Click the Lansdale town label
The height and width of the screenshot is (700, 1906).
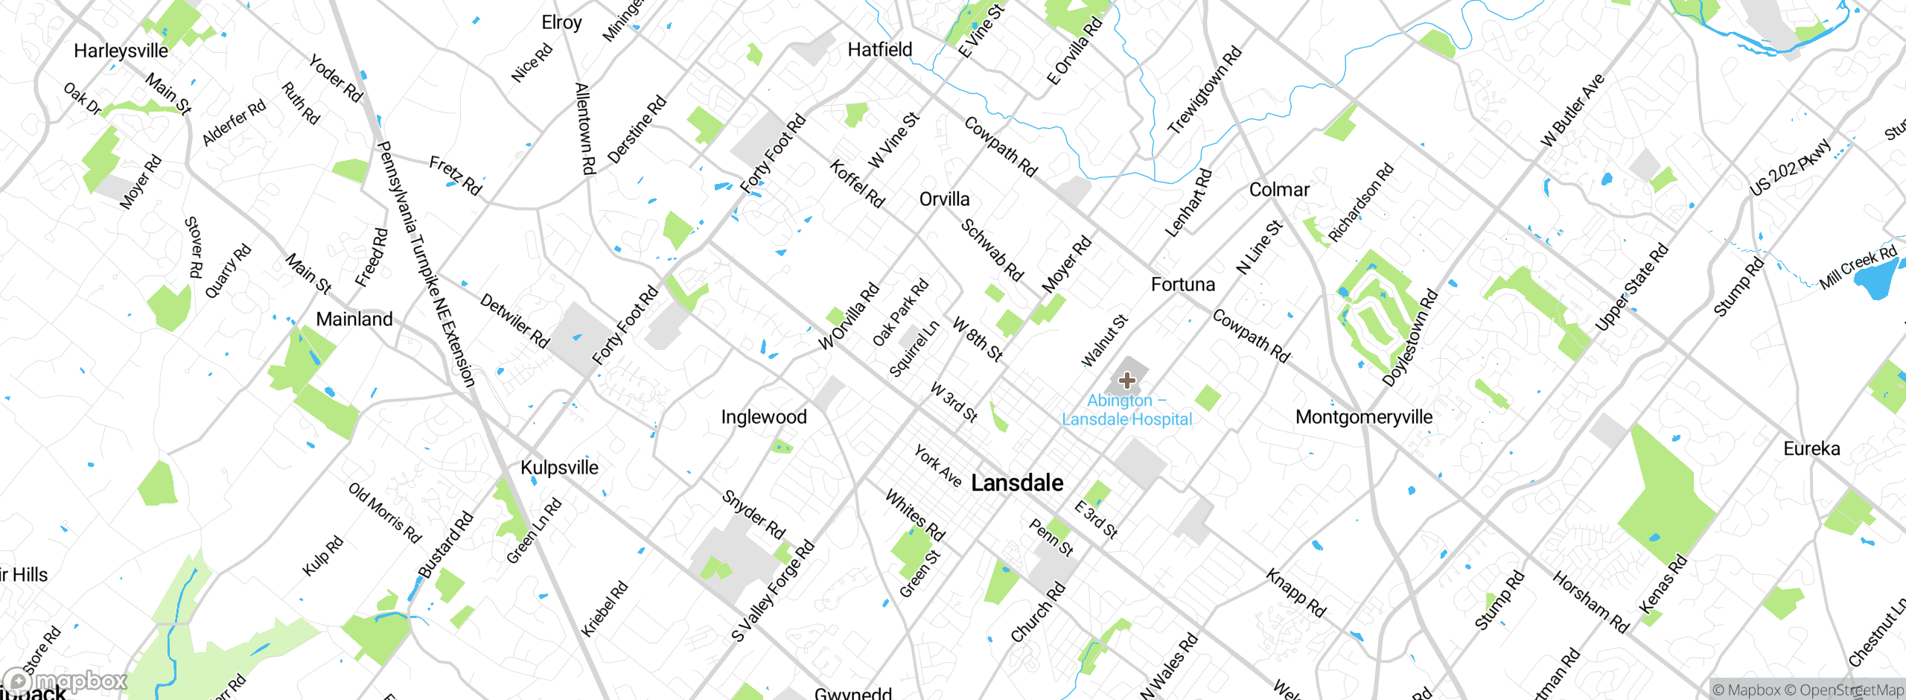click(x=1017, y=483)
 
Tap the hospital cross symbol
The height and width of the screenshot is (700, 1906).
click(x=1127, y=381)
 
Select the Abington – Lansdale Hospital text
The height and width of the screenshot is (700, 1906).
click(x=1126, y=410)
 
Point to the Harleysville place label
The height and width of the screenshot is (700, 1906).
click(x=121, y=51)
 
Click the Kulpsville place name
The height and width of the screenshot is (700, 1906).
click(x=559, y=468)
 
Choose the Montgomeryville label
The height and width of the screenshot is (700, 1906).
click(x=1363, y=417)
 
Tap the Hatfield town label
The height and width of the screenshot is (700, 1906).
click(x=880, y=50)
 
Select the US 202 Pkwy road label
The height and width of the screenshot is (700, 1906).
click(x=1789, y=168)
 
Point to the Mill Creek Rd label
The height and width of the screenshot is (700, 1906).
click(x=1858, y=267)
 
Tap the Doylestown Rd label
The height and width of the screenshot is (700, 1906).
click(x=1410, y=337)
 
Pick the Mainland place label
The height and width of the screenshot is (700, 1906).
click(x=354, y=319)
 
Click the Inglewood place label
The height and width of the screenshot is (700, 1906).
click(x=763, y=417)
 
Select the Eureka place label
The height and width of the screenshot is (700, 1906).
click(x=1811, y=449)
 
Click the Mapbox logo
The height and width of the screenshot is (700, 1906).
click(x=66, y=681)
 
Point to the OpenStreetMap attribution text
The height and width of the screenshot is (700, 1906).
click(x=1851, y=690)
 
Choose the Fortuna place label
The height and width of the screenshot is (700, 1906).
click(x=1182, y=284)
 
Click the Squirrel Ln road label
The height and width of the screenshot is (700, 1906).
click(x=914, y=349)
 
